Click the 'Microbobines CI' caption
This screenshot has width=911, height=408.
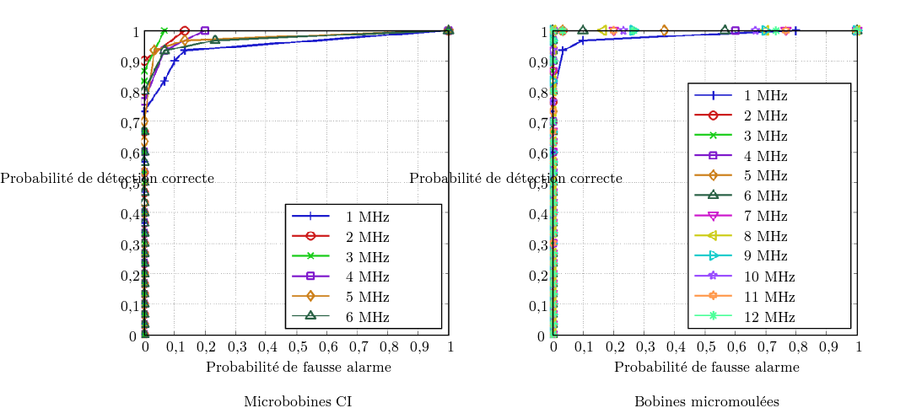[298, 401]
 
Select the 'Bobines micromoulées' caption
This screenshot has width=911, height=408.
[706, 401]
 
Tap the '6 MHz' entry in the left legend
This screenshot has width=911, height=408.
[368, 317]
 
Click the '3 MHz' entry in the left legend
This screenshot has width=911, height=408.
[368, 256]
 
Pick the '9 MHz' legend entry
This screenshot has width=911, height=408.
[769, 256]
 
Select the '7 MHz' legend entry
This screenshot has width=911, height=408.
[769, 216]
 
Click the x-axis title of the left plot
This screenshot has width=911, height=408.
[298, 367]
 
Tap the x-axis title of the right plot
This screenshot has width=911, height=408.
[706, 367]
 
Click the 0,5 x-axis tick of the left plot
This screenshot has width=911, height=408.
[297, 346]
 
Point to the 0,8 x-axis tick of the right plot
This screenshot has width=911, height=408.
[797, 346]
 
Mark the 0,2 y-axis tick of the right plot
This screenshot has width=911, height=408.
[536, 276]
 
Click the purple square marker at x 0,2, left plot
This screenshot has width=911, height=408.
[205, 31]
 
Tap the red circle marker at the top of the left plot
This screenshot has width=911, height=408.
[185, 31]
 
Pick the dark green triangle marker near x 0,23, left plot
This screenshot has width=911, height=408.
[215, 40]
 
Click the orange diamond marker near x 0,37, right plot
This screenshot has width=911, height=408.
[664, 31]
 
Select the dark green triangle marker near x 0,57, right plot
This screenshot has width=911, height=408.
[725, 30]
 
